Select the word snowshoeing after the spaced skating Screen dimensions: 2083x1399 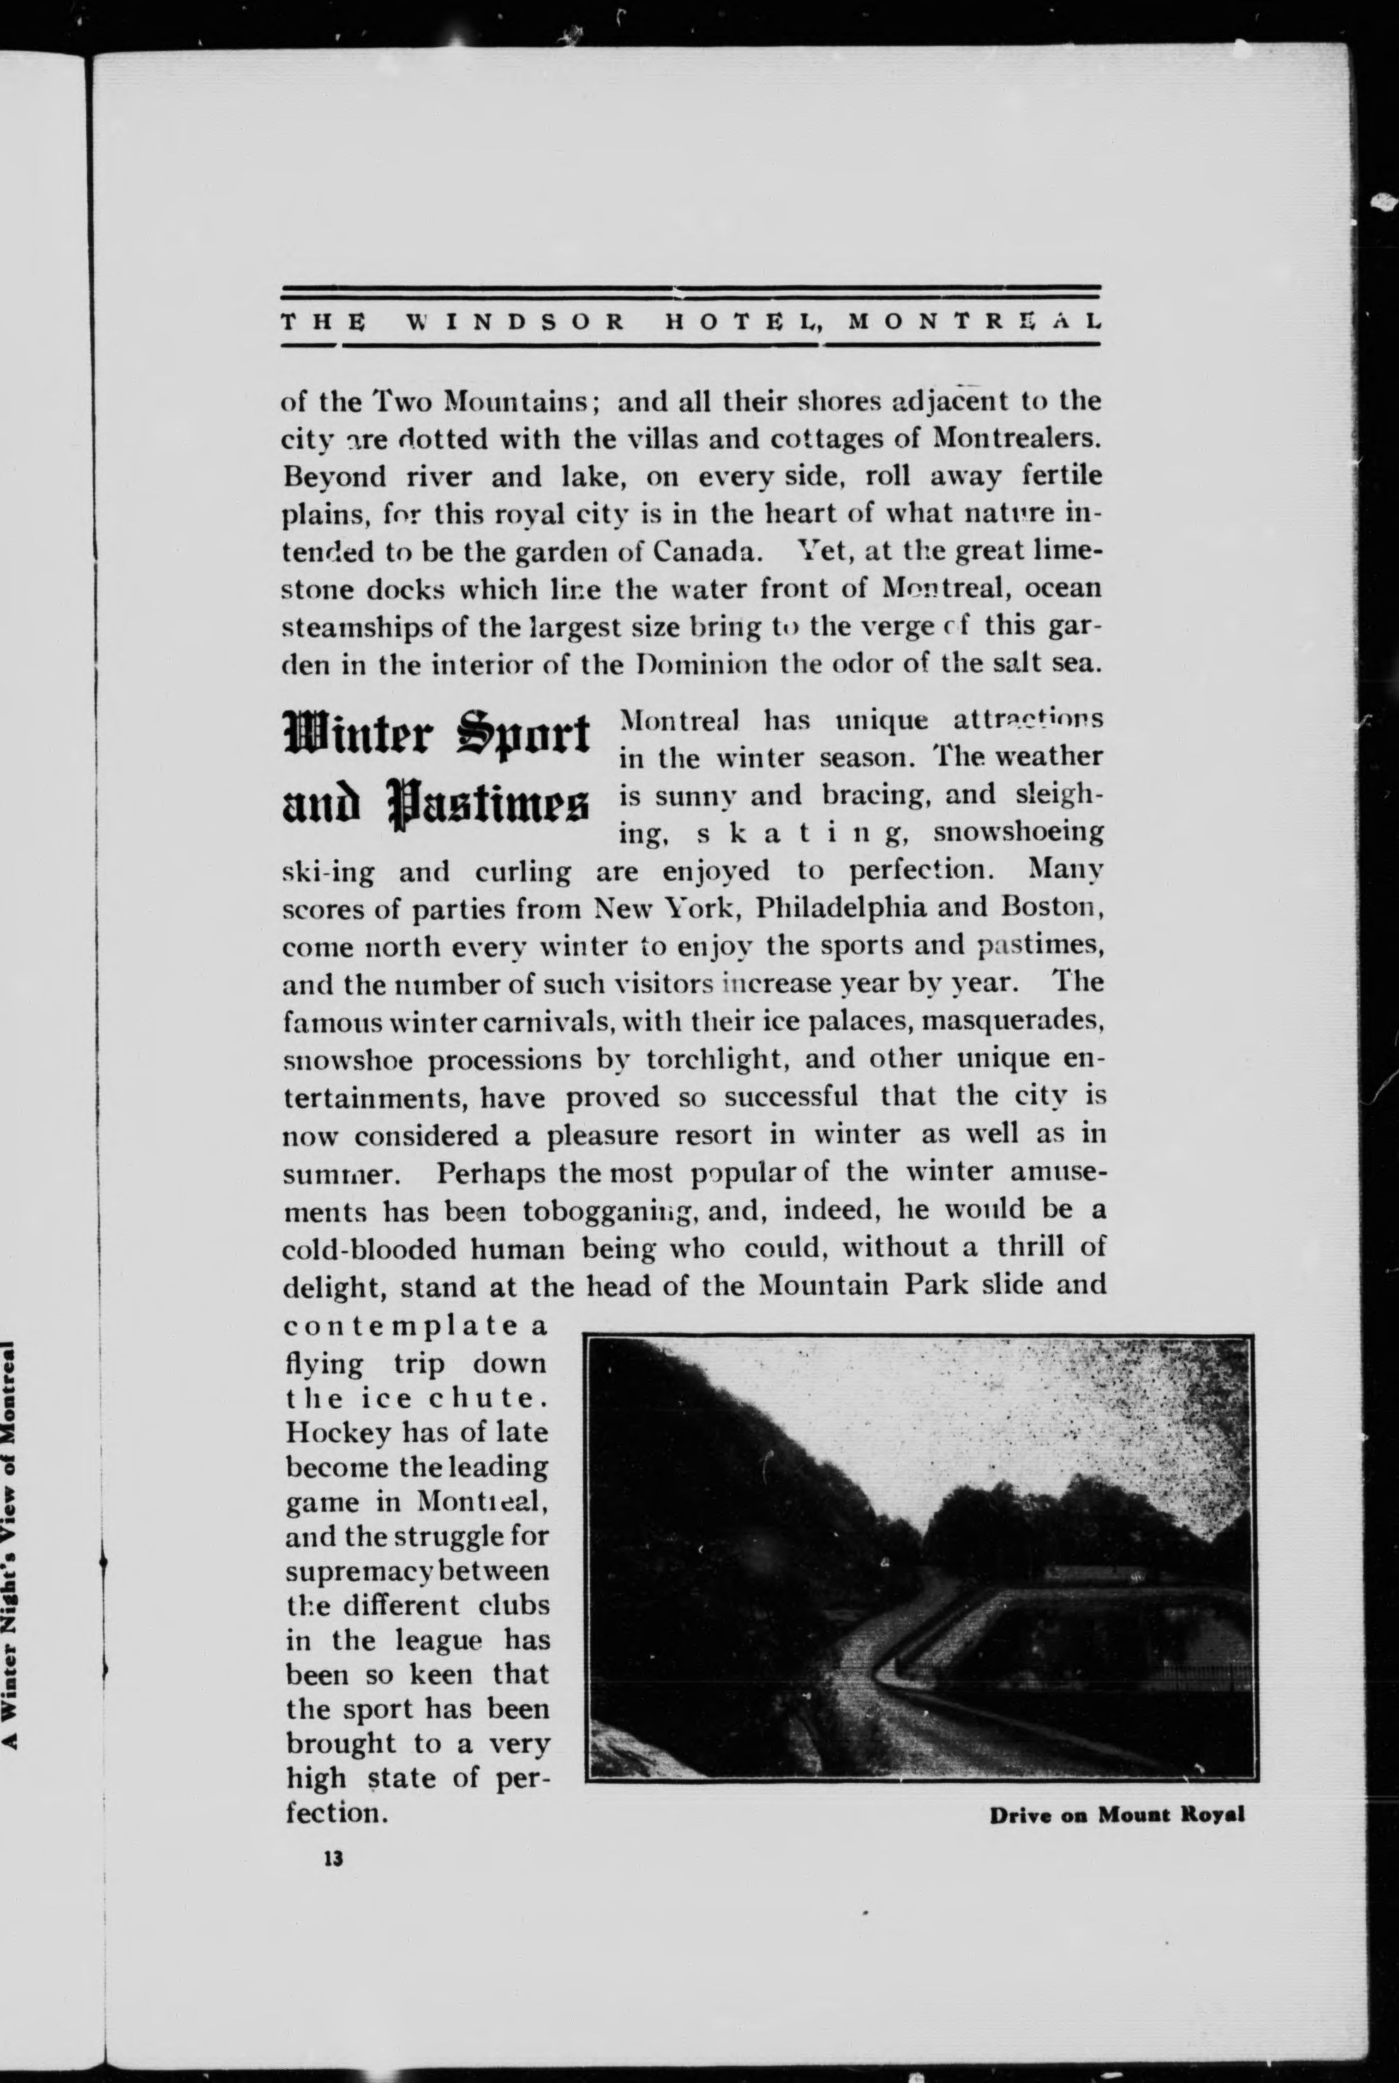1018,832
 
